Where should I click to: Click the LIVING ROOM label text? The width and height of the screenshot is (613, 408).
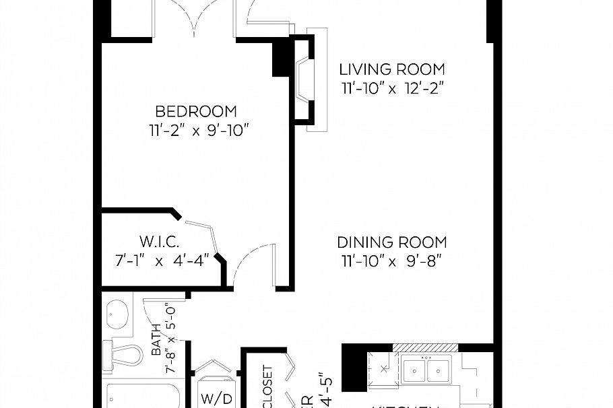[391, 69]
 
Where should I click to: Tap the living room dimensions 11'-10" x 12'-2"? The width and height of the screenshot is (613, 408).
[391, 88]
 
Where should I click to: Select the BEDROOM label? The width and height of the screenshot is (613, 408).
[196, 111]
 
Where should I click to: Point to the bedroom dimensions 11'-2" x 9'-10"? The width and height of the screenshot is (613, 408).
[196, 130]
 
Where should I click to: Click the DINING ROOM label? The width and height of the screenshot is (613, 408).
[392, 242]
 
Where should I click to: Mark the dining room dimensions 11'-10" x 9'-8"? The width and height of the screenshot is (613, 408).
[392, 261]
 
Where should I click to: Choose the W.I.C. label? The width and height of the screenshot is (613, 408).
[159, 241]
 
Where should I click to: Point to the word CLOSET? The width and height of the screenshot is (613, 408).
[267, 387]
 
